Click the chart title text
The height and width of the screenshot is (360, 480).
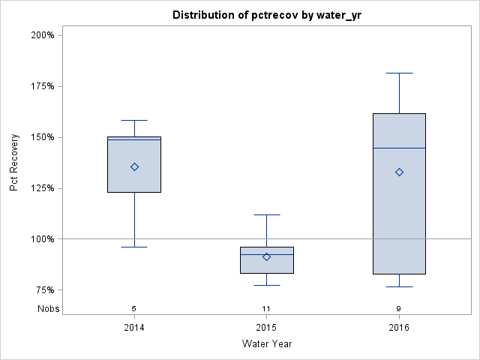266,15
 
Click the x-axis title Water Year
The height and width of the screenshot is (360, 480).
266,343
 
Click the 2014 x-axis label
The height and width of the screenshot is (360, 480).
134,328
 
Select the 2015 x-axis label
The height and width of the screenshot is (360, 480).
266,328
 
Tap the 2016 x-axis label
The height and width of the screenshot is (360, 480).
399,328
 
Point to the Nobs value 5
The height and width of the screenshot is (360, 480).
134,308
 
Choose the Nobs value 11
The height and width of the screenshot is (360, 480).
266,308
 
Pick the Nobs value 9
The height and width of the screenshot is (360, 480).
399,308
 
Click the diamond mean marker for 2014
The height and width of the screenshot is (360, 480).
134,166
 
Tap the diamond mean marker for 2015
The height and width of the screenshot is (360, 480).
266,256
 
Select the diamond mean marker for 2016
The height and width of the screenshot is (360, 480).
399,172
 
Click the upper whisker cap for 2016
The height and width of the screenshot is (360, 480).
399,73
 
